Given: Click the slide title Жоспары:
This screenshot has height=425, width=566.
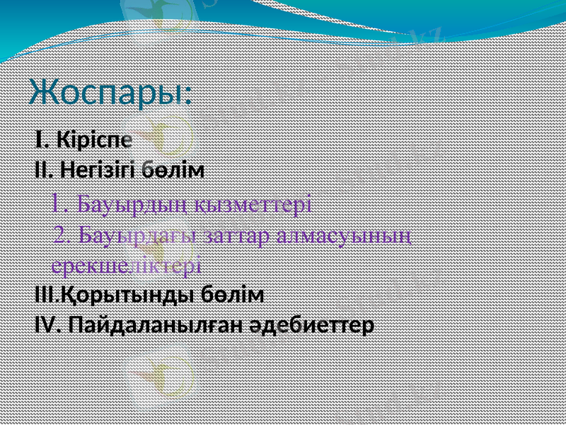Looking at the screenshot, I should pos(111,92).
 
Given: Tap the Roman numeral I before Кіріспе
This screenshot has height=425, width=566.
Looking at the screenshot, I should pos(40,140).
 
